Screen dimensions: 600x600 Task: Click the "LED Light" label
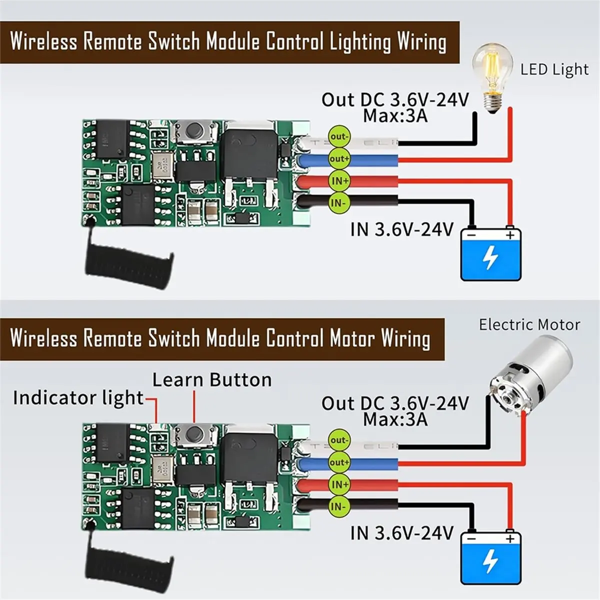[x=554, y=69]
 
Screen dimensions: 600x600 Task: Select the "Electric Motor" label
[x=529, y=325]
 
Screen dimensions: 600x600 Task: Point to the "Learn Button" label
[x=212, y=380]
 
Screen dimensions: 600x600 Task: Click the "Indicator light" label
[x=78, y=398]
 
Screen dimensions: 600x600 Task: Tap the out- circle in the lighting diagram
[x=339, y=136]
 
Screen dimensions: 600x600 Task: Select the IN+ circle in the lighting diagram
[x=339, y=181]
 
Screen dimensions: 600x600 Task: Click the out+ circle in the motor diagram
[x=339, y=462]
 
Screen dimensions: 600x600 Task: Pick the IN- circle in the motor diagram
[x=339, y=507]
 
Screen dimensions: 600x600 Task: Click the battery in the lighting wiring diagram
[x=491, y=253]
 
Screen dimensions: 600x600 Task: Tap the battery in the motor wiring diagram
[x=491, y=557]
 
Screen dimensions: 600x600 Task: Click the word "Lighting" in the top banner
[x=359, y=43]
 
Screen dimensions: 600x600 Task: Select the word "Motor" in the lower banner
[x=352, y=338]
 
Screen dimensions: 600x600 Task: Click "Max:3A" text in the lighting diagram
[x=395, y=116]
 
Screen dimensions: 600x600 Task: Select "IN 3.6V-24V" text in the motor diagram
[x=401, y=533]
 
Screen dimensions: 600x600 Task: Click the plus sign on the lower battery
[x=510, y=538]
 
